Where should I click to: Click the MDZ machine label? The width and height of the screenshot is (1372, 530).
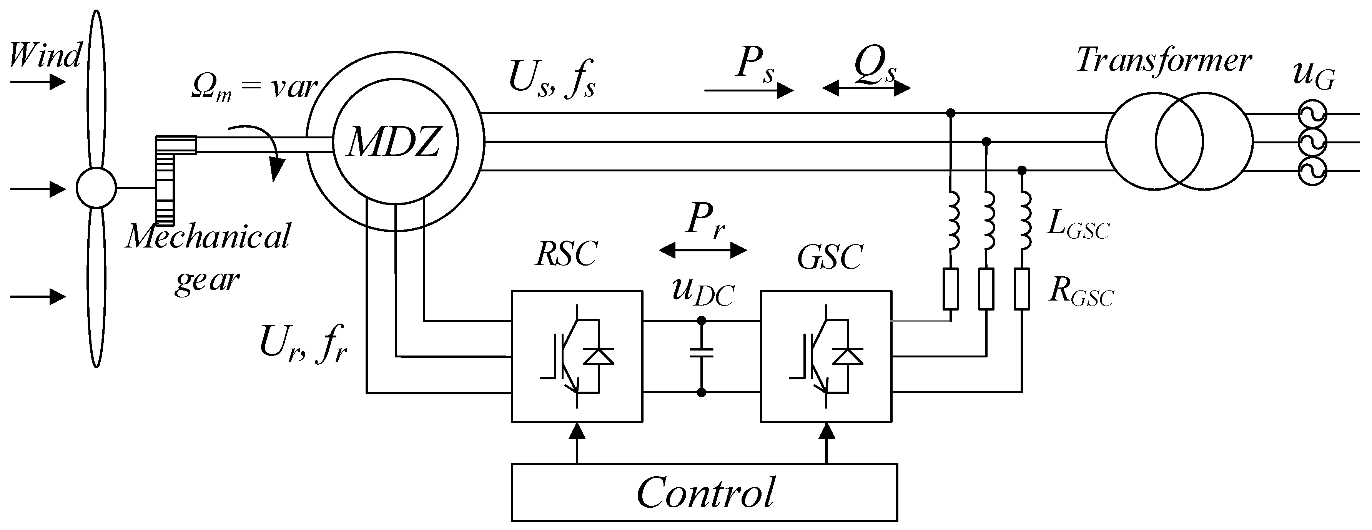[x=394, y=143]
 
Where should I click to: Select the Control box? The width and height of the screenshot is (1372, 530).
[x=704, y=492]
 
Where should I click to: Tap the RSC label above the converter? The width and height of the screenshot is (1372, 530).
[x=566, y=254]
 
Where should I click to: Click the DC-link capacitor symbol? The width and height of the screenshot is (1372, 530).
[x=702, y=353]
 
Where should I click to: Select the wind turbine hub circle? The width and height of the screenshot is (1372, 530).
[x=96, y=188]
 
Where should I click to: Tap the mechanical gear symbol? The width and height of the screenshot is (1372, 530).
[x=166, y=180]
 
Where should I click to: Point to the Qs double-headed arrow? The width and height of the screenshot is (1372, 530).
[x=866, y=88]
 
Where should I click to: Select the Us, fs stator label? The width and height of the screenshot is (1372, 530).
[x=552, y=80]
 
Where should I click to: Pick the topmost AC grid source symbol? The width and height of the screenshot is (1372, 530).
[x=1311, y=113]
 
